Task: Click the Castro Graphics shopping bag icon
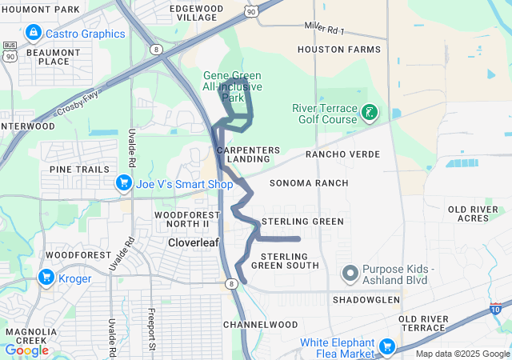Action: (x=33, y=34)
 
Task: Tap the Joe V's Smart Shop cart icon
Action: (x=123, y=183)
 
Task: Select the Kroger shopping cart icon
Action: (x=46, y=278)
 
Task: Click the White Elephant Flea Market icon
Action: (x=387, y=346)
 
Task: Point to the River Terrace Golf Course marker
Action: (x=369, y=113)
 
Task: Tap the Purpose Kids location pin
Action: (x=350, y=274)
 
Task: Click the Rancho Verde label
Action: (x=342, y=154)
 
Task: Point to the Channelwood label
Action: (x=260, y=325)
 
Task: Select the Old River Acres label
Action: (x=479, y=214)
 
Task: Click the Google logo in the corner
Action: (x=26, y=350)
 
